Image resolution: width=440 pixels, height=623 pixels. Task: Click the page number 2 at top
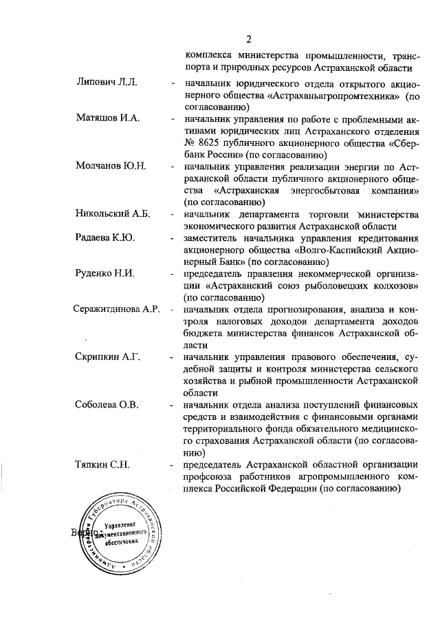click(250, 39)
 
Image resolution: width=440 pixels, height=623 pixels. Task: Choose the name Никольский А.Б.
click(112, 214)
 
